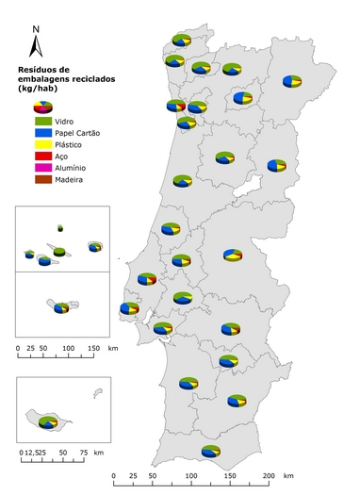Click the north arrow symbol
[x=36, y=49]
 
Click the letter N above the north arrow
[x=36, y=29]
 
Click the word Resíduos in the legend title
[x=42, y=70]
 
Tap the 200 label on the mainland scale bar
[x=269, y=476]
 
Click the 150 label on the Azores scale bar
[x=93, y=349]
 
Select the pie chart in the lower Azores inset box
[x=61, y=306]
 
